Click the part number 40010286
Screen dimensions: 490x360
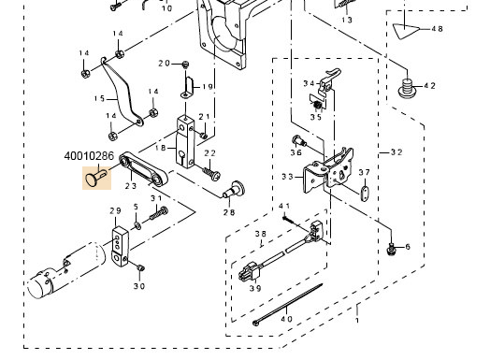point(89,156)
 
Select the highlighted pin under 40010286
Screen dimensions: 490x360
point(96,178)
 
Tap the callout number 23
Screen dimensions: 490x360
point(131,186)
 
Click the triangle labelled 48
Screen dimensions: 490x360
point(406,31)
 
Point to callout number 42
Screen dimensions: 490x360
point(430,85)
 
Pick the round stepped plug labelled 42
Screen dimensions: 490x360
point(407,88)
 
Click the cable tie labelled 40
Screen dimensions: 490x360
point(288,304)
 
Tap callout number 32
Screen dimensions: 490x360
point(396,152)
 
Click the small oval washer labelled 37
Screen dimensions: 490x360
point(365,194)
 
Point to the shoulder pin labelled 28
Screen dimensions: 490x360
point(234,190)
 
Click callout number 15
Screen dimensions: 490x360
point(100,99)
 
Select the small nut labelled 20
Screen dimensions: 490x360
point(186,65)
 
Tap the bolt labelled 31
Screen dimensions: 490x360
point(159,213)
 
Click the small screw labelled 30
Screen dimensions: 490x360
point(141,267)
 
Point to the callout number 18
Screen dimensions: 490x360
point(161,148)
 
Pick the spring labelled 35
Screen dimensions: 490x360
point(317,106)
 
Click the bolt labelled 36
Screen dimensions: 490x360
point(298,141)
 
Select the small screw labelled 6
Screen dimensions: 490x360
point(391,249)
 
